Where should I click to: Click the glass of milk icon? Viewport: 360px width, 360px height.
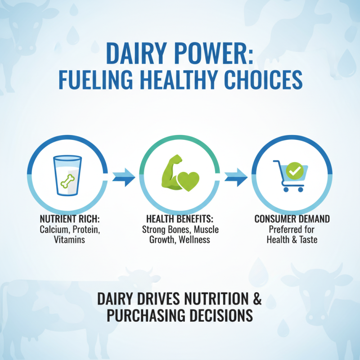tap(67, 175)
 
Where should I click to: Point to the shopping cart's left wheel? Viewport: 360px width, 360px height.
tap(286, 189)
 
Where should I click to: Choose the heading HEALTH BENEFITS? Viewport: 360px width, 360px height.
tap(180, 220)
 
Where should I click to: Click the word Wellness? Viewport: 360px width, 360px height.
tap(194, 240)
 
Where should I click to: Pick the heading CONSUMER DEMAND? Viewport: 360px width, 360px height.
tap(292, 219)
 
